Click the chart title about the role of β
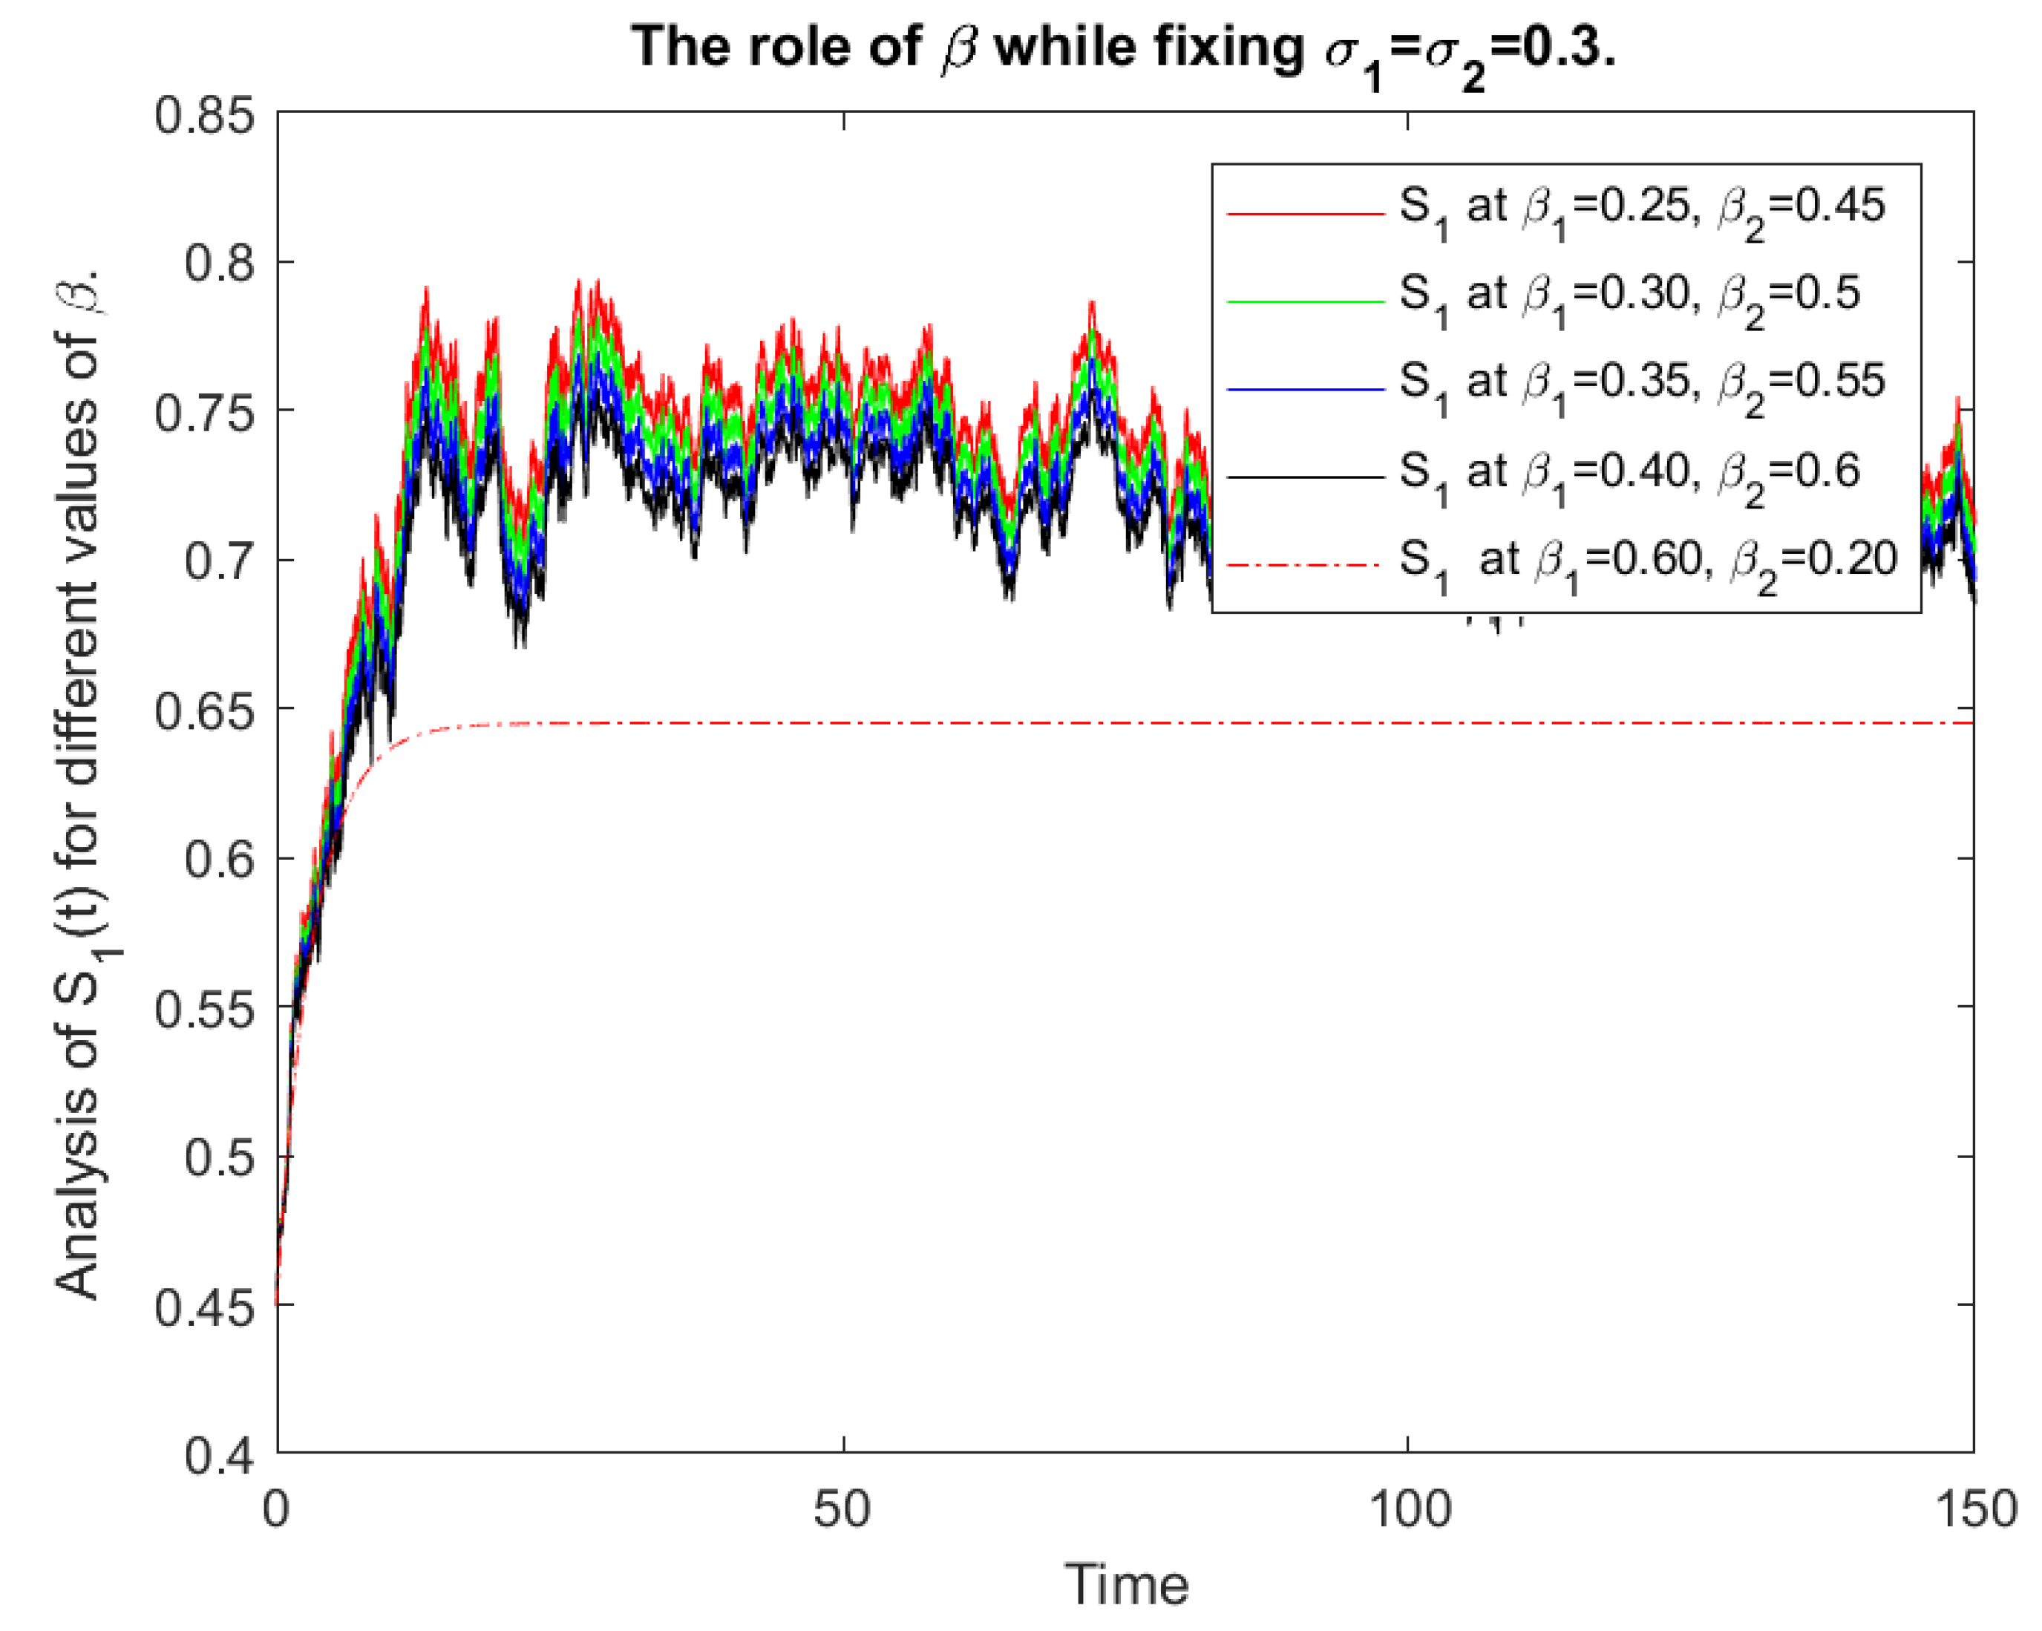coord(1123,49)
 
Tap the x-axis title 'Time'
coord(1125,1583)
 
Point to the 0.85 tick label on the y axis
coord(205,116)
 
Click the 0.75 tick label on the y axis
coord(205,413)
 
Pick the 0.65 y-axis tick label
coord(205,710)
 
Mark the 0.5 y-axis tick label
coord(220,1157)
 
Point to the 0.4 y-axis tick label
coord(220,1455)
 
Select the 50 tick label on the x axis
coord(842,1508)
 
